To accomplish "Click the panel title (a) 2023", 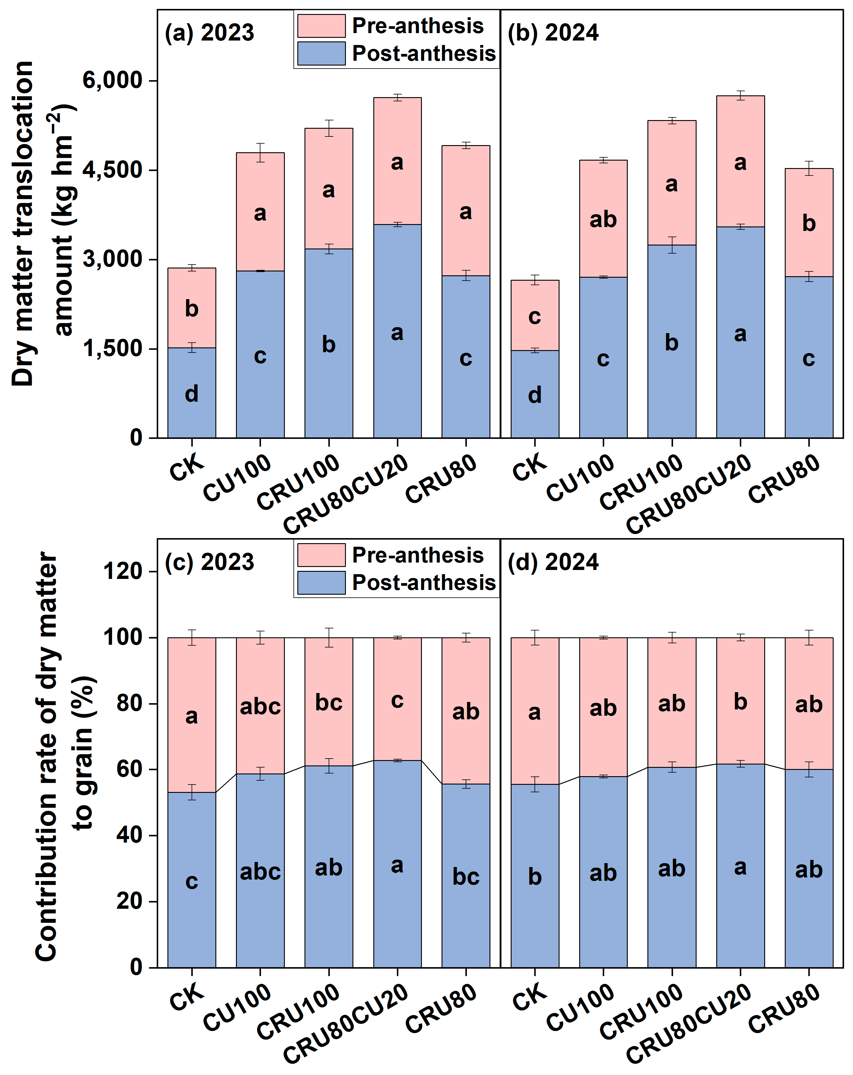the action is [209, 33].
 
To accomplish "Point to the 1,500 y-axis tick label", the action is [113, 349].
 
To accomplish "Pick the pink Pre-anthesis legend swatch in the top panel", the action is [321, 26].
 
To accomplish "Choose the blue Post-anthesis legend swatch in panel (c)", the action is [321, 582].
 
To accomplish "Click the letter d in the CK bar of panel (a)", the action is [192, 394].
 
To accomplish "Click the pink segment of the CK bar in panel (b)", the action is [535, 315].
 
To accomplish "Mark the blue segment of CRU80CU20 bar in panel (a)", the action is [397, 331].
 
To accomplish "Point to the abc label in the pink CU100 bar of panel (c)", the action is [260, 706].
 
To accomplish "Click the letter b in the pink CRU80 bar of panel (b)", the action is [809, 223].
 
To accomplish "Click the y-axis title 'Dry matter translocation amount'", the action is [43, 223].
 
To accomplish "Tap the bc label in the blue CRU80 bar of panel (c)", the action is [466, 877].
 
